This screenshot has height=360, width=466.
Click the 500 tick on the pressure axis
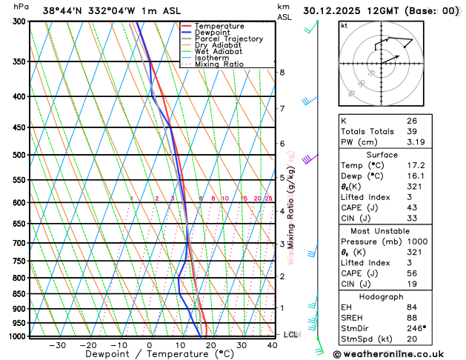coord(19,155)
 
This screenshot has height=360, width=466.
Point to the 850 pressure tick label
coord(19,294)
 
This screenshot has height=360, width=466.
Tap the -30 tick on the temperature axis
coord(56,345)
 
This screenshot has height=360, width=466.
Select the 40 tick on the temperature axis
coord(273,345)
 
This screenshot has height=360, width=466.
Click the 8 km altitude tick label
coord(282,72)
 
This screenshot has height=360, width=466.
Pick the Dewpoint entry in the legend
coord(212,33)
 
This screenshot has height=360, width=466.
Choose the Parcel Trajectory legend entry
coord(228,39)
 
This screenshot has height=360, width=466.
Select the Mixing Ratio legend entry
coord(219,64)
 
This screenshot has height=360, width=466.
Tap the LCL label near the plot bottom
coord(291,335)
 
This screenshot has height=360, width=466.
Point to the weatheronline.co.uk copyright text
coord(399,353)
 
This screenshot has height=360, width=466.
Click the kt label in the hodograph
coord(344,25)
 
